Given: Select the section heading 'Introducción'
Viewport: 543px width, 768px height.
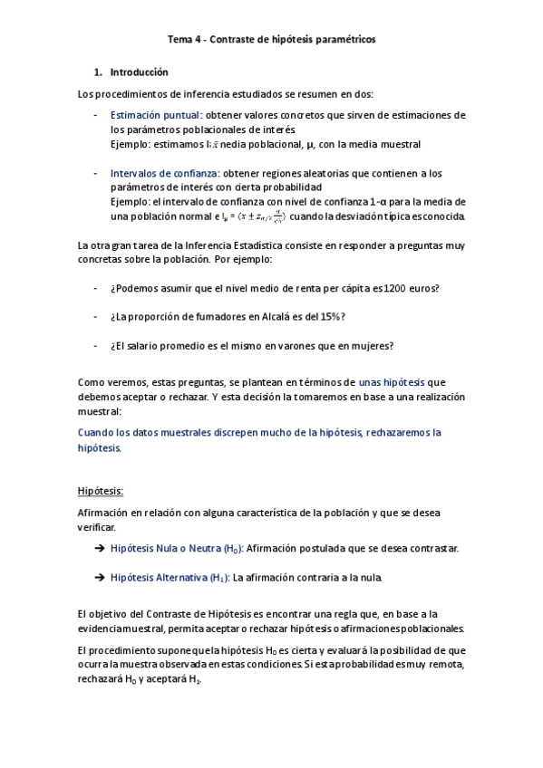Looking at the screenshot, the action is point(139,72).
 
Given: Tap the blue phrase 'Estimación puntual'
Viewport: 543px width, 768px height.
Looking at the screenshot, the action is point(154,116).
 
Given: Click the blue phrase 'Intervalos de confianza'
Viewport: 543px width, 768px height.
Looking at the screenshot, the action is point(163,173).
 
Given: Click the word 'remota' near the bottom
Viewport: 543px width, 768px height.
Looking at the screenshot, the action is point(448,664).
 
